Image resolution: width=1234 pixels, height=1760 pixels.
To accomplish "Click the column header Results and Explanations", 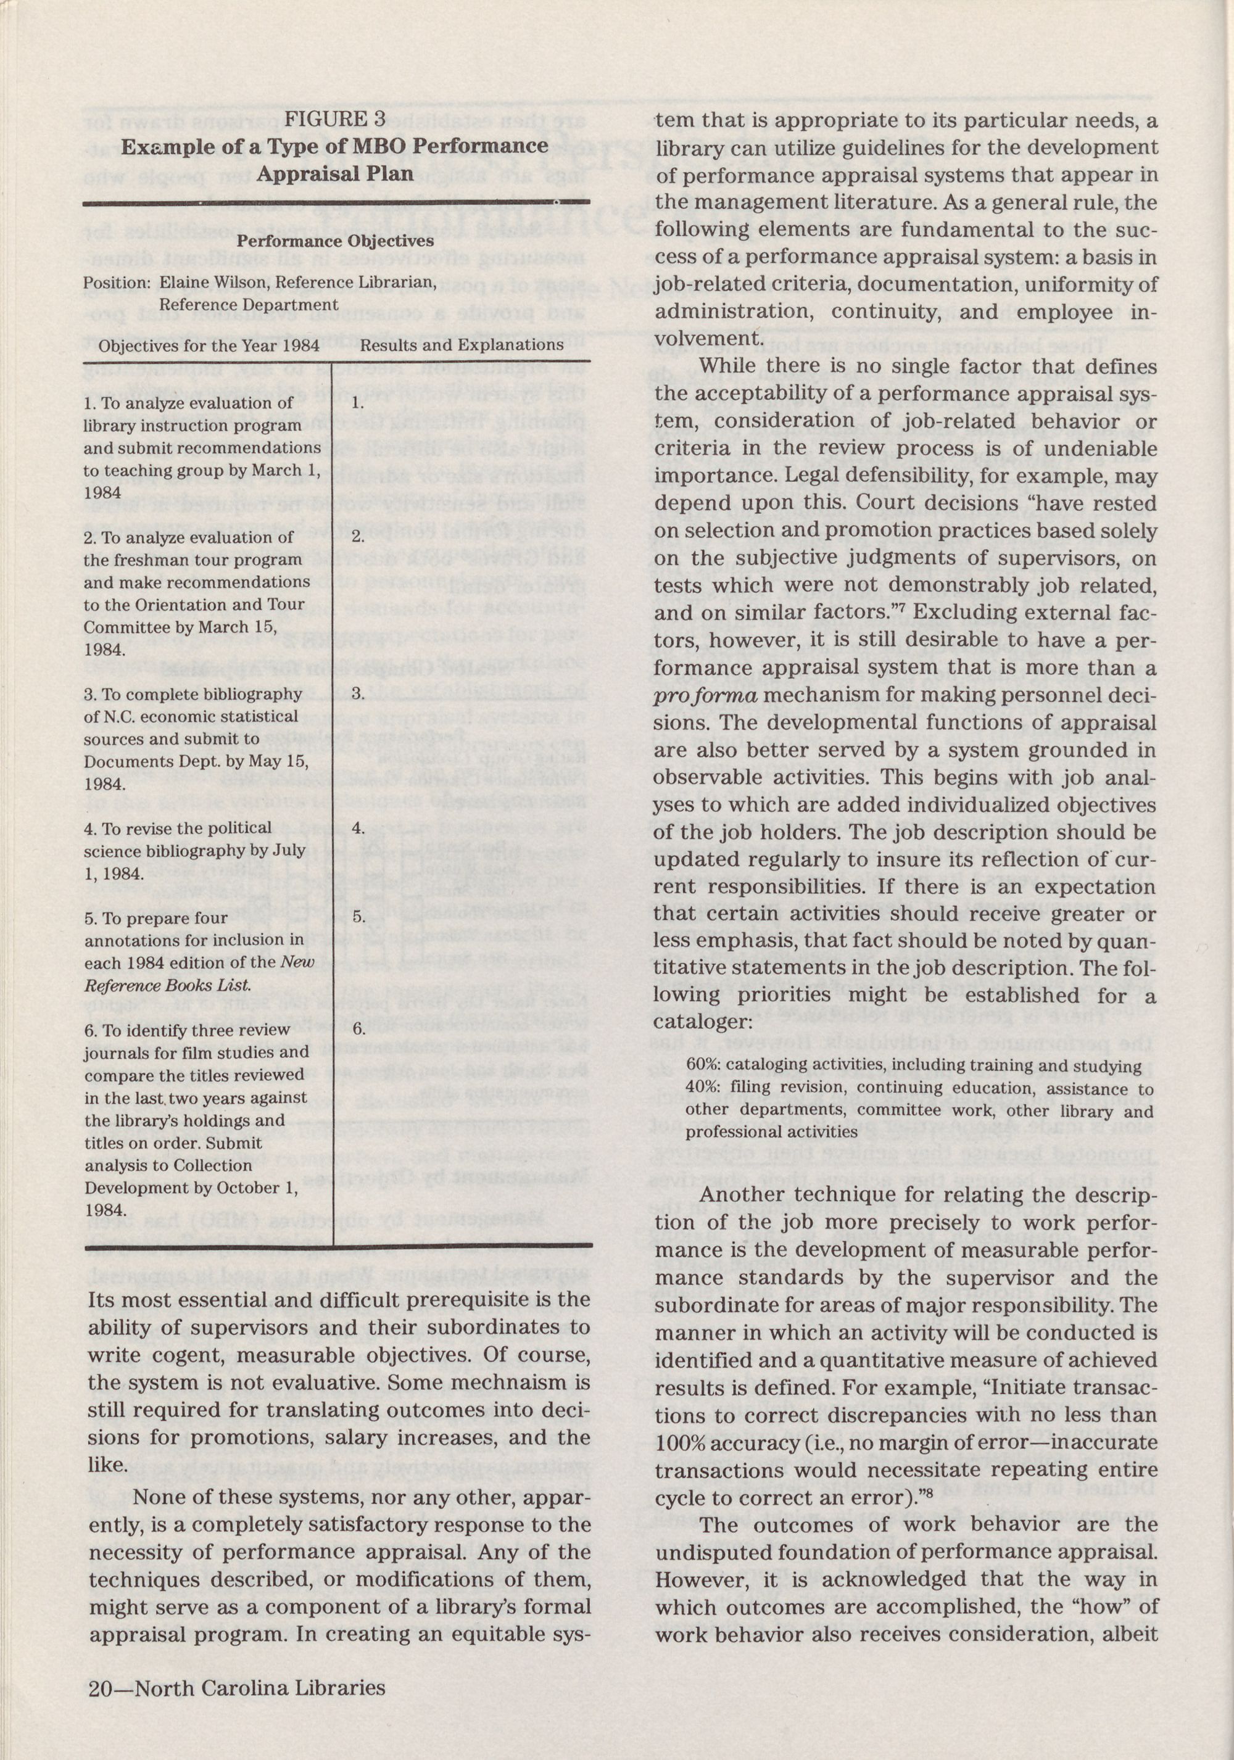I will [462, 345].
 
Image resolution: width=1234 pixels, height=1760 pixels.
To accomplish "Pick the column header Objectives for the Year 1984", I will [209, 345].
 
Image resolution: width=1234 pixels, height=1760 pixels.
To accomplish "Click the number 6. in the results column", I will [358, 1030].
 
